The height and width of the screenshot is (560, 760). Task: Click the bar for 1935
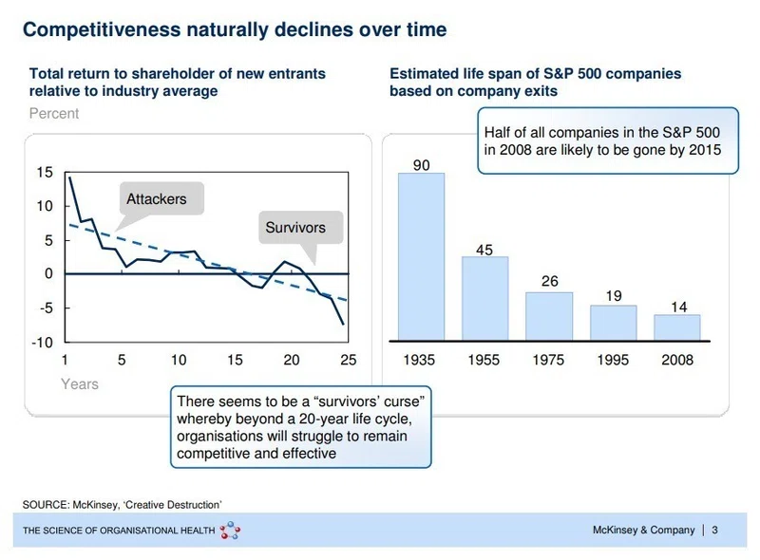point(421,257)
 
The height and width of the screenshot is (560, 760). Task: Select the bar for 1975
point(549,316)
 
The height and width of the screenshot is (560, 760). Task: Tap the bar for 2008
point(677,327)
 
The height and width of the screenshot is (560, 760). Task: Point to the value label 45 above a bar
point(484,250)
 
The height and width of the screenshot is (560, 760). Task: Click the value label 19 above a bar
point(614,295)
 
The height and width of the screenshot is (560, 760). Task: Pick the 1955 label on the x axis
point(484,360)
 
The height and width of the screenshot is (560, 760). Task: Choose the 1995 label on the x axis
point(613,360)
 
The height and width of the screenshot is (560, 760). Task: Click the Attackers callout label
point(157,199)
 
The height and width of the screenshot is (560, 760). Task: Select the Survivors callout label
point(295,228)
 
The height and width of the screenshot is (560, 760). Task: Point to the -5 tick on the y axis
point(46,308)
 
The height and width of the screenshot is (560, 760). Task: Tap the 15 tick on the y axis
point(45,172)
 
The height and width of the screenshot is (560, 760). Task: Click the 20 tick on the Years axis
point(292,360)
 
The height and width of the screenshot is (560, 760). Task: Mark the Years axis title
point(80,384)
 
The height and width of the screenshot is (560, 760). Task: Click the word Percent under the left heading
point(54,113)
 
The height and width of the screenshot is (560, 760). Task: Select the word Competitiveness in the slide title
point(102,29)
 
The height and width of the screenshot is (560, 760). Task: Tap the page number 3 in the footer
point(714,530)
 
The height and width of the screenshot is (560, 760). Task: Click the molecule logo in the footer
point(230,531)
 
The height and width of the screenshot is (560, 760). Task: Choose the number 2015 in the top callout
point(705,150)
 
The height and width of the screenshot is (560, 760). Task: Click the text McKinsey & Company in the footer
point(644,530)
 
